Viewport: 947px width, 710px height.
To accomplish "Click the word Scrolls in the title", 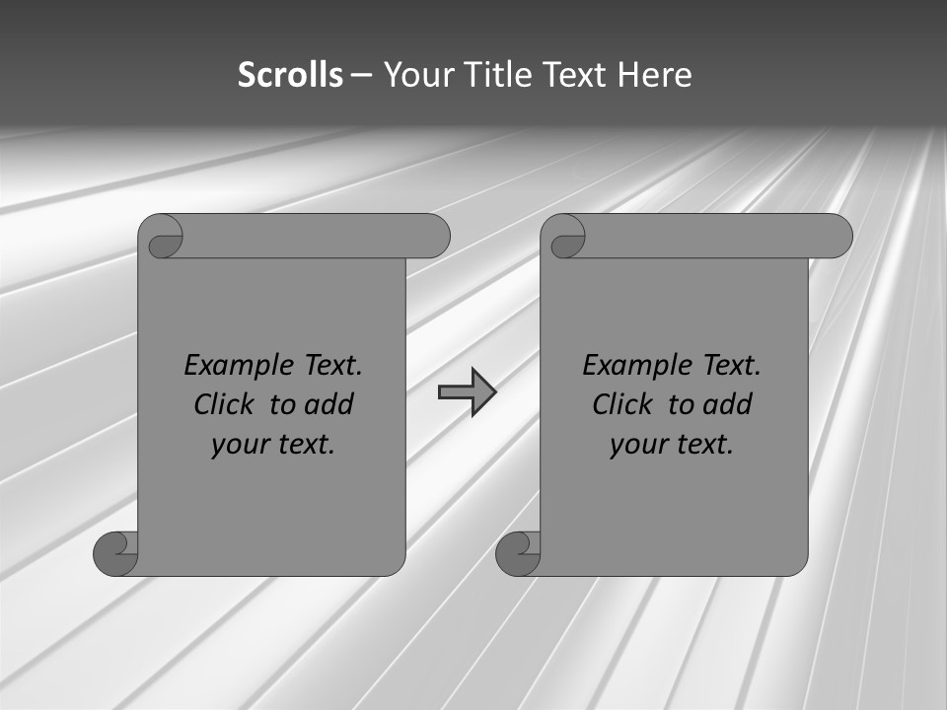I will coord(290,75).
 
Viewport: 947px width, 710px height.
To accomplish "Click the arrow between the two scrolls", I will coord(467,392).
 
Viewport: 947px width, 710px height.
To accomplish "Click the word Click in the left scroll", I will coord(224,404).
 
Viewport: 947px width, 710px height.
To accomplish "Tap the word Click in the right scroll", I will coord(622,404).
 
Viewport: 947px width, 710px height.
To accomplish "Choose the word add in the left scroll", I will coord(328,404).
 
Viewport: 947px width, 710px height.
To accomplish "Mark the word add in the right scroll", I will coord(727,404).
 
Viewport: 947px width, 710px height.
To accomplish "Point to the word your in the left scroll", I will coord(238,445).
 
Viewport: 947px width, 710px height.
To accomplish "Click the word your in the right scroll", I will coord(636,445).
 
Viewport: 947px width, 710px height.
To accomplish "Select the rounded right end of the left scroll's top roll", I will coord(434,237).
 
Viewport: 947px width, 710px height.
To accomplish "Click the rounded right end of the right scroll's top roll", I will coord(837,237).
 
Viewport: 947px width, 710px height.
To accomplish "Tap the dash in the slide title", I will coord(362,76).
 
